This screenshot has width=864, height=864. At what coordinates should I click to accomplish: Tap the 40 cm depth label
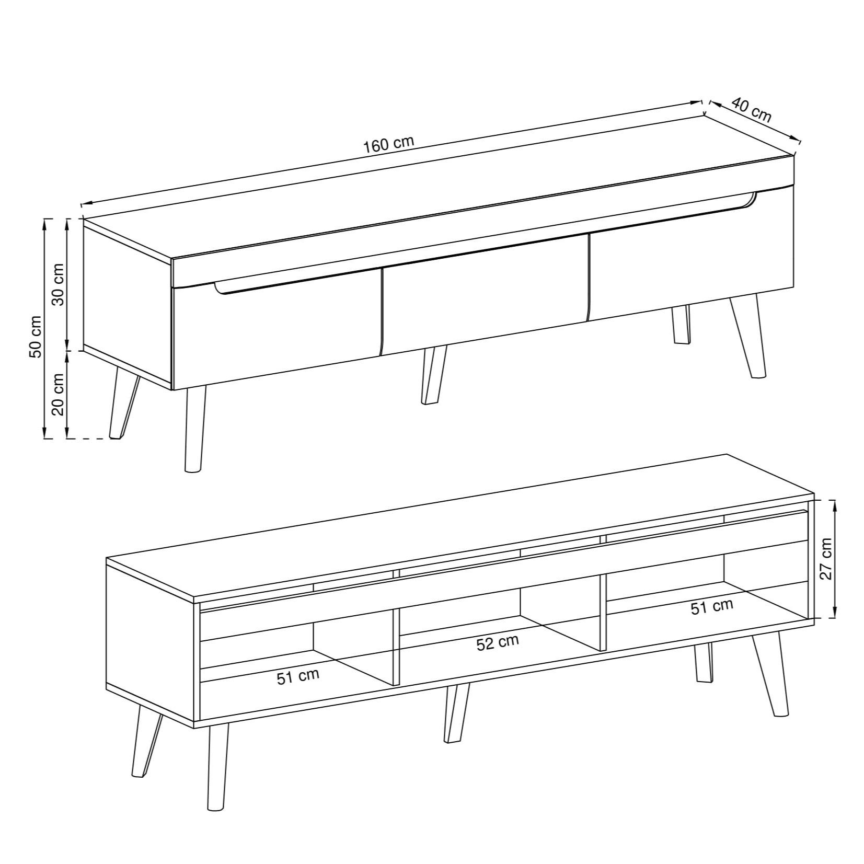point(751,110)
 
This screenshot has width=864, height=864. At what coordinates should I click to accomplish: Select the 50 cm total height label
point(36,337)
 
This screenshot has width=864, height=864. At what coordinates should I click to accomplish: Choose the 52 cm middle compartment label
point(498,642)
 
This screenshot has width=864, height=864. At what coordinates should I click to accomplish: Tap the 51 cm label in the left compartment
point(297,677)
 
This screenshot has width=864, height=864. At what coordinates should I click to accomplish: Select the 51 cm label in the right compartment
point(712,606)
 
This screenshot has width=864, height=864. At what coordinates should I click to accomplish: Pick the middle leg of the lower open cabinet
point(456,713)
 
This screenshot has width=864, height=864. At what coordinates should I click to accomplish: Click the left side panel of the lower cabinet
point(151,643)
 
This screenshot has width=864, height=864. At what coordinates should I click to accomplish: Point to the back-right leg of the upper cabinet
point(681,325)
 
